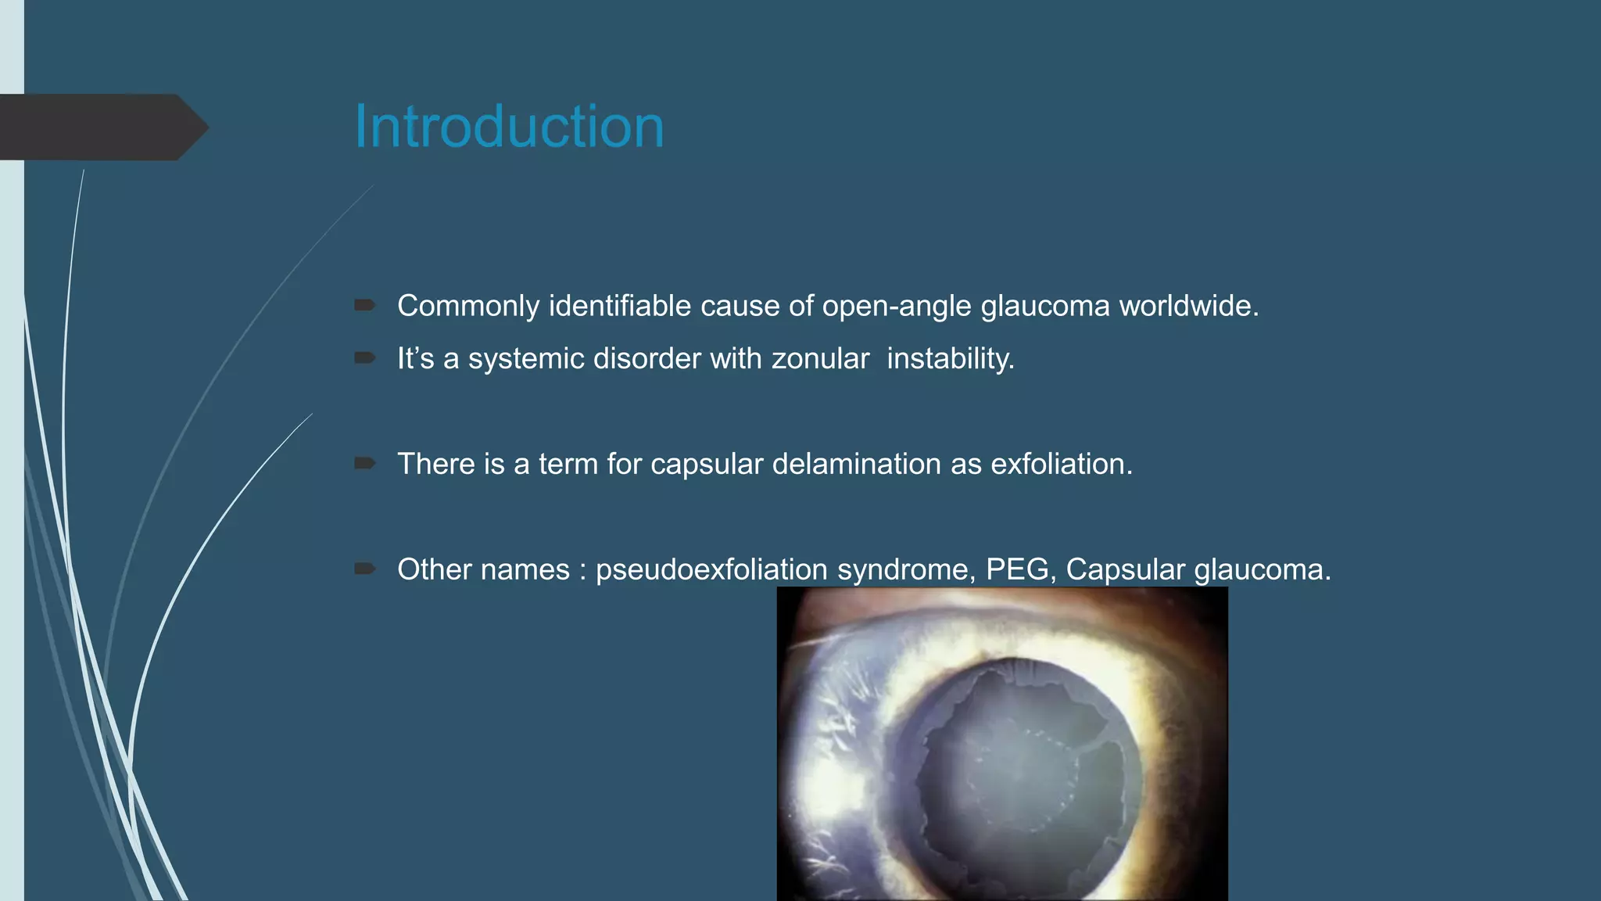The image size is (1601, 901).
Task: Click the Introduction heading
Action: (509, 127)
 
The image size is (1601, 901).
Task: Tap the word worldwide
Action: (1188, 306)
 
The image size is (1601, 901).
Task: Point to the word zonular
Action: (820, 358)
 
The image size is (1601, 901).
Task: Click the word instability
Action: (950, 358)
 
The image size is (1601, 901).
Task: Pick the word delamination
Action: (856, 464)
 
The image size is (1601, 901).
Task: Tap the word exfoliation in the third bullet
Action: (1061, 464)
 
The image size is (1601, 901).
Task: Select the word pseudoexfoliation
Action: (711, 569)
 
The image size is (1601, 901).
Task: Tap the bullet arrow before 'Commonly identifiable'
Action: (364, 305)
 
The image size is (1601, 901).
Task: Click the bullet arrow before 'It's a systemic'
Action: (364, 357)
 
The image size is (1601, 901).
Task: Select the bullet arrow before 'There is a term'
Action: (364, 463)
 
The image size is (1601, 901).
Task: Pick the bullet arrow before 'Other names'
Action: (364, 569)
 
